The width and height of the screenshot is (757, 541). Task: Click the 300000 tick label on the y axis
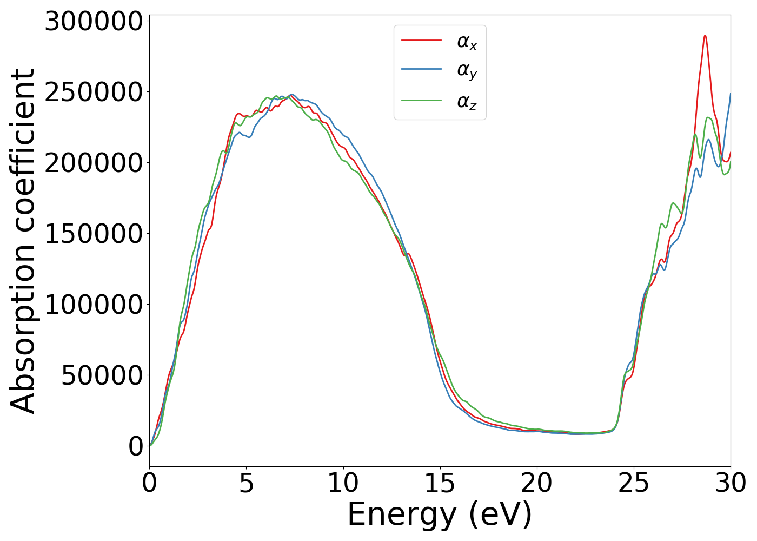click(x=94, y=22)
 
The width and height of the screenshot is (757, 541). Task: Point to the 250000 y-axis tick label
click(x=94, y=93)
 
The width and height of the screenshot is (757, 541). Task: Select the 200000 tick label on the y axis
click(x=94, y=163)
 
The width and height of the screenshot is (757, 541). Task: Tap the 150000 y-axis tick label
click(x=94, y=234)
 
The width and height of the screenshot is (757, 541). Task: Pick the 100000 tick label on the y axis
click(x=94, y=305)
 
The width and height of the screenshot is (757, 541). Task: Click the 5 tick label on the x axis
click(x=246, y=483)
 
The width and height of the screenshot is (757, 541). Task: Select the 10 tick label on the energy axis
click(x=343, y=483)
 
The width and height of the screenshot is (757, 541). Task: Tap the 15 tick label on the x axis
click(x=440, y=483)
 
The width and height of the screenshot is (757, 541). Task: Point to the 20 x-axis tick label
click(x=536, y=483)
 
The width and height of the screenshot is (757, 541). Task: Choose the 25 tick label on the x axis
click(x=633, y=483)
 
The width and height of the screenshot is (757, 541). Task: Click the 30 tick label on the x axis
click(x=730, y=483)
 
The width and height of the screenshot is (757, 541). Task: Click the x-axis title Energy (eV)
click(x=440, y=514)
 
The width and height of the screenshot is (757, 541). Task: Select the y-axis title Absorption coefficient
click(x=23, y=241)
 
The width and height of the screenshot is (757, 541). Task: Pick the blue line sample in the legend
click(x=421, y=70)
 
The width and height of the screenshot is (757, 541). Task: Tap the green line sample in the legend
click(x=421, y=100)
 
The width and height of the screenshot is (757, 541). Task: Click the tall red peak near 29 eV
click(x=705, y=36)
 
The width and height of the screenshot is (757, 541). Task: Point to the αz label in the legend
click(x=467, y=101)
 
